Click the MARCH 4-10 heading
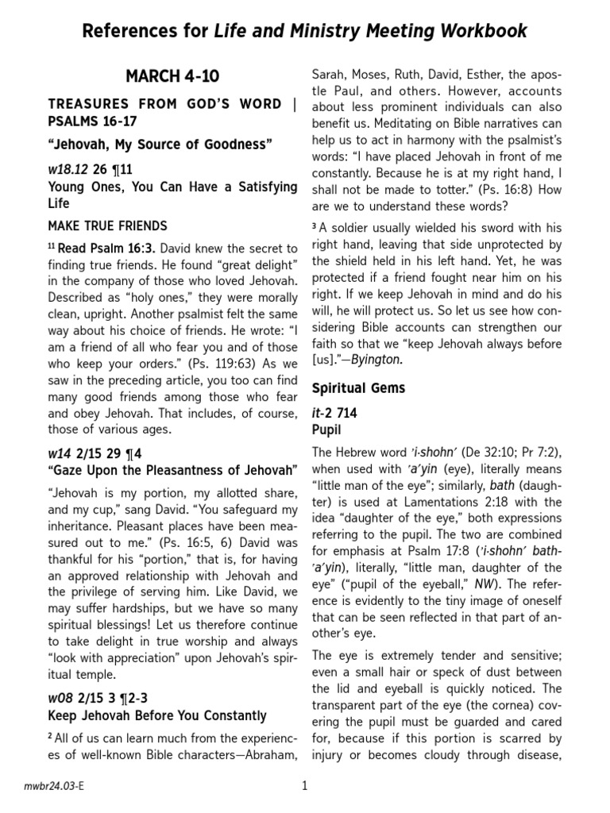click(172, 76)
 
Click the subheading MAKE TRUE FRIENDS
click(107, 225)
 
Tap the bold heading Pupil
click(326, 429)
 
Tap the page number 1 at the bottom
click(304, 786)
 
